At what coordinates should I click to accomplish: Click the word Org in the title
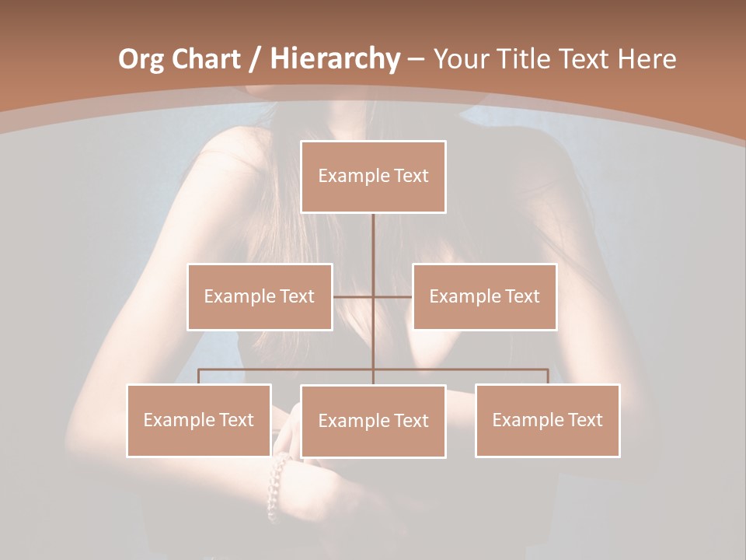(x=141, y=59)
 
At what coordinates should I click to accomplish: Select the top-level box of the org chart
(x=373, y=177)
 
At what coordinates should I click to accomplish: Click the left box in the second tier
(x=260, y=296)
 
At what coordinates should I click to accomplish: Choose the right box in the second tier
(x=484, y=296)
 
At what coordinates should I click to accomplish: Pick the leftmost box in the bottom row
(x=199, y=420)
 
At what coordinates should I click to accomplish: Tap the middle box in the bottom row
(x=373, y=421)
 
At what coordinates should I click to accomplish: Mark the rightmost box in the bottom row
(x=547, y=420)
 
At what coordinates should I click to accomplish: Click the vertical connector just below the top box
(x=373, y=241)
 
